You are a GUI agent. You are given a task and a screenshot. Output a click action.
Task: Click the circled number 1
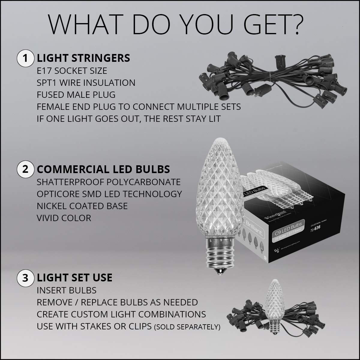[x=25, y=58]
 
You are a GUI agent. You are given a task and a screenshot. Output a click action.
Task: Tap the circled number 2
[x=25, y=169]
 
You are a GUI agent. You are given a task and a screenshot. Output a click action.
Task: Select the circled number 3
[x=25, y=277]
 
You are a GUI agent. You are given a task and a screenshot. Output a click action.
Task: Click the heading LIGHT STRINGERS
[x=83, y=58]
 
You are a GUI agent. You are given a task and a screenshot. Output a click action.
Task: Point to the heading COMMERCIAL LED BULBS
[x=103, y=169]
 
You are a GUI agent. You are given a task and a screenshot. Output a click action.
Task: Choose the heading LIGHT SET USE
[x=74, y=277]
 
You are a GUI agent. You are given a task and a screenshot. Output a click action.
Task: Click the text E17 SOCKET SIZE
[x=72, y=71]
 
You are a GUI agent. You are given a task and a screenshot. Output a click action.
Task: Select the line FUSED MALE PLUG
[x=76, y=95]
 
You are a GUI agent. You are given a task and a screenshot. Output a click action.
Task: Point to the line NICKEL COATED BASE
[x=82, y=206]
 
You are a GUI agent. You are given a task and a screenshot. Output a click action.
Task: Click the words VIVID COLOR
[x=64, y=218]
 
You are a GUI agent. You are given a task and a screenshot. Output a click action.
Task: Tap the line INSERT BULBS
[x=67, y=290]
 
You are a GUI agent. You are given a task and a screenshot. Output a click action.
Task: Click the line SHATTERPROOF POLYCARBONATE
[x=109, y=182]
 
